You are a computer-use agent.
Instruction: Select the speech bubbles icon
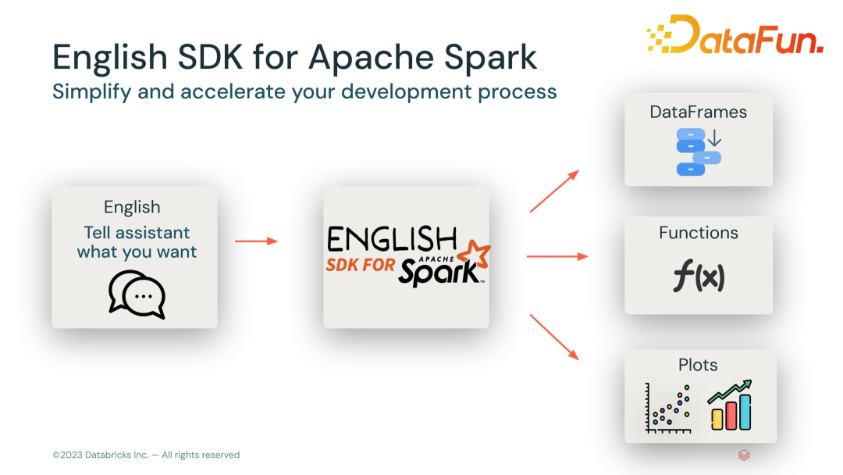tap(137, 295)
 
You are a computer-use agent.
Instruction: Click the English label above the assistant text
tap(132, 207)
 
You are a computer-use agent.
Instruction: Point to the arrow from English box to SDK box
tap(256, 241)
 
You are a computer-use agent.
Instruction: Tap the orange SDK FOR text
tap(361, 266)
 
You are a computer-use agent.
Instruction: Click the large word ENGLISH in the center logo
tap(392, 239)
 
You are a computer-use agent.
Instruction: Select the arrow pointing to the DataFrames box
tap(554, 191)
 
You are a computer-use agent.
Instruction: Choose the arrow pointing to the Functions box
tap(557, 255)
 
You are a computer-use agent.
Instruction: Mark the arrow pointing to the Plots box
tap(554, 337)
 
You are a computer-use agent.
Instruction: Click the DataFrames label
tap(698, 112)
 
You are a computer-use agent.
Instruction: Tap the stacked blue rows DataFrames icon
tap(698, 152)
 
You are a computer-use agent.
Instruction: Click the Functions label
tap(698, 233)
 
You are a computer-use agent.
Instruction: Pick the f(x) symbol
tap(698, 277)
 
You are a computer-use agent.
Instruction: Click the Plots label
tap(698, 365)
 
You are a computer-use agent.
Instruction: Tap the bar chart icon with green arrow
tap(731, 405)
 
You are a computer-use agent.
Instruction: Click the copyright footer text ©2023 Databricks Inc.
tap(146, 455)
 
